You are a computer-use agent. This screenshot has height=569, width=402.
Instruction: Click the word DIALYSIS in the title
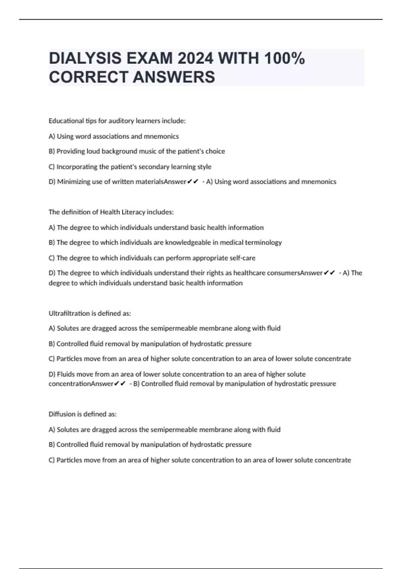(x=85, y=59)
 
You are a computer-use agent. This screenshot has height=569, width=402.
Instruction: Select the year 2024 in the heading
(x=195, y=59)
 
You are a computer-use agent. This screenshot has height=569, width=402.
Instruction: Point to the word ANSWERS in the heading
(x=174, y=77)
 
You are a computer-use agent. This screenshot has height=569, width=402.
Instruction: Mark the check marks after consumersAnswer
(x=330, y=273)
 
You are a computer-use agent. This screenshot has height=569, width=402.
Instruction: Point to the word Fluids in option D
(x=66, y=374)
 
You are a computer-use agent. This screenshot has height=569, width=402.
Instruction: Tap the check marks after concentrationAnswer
(x=120, y=384)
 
